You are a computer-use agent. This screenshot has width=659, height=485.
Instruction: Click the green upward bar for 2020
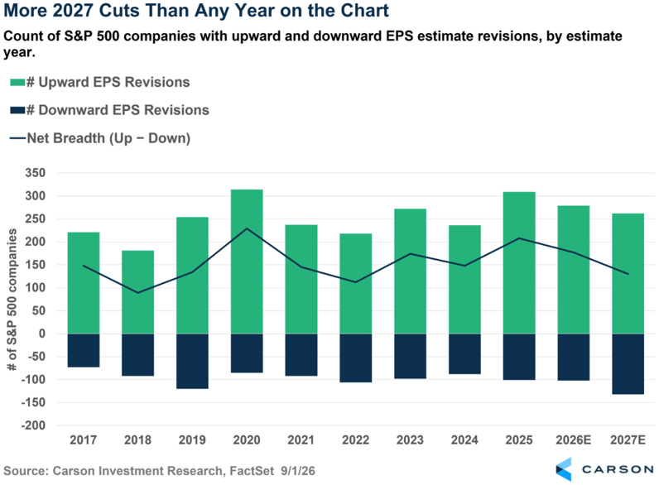coord(247,262)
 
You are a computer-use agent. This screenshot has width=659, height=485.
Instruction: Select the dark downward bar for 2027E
coord(628,364)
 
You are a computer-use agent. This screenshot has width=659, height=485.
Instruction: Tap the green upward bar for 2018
coord(138,292)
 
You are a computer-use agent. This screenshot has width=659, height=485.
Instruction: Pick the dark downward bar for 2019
coord(192,361)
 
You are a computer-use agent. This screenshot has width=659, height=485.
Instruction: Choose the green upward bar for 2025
coord(519,262)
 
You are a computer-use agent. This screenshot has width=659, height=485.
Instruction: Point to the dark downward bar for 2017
coord(84,351)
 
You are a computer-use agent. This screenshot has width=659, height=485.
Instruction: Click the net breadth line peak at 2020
coord(247,228)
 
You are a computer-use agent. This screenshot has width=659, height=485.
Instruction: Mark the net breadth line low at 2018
coord(138,292)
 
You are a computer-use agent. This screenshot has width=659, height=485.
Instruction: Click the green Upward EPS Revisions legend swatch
coord(17,83)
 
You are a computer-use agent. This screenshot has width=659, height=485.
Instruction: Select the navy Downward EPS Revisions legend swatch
coord(17,111)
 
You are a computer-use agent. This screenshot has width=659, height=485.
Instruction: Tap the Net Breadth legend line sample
coord(17,138)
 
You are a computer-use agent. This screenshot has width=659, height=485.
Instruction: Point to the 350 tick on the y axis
coord(36,173)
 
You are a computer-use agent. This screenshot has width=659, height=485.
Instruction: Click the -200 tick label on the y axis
coord(33,425)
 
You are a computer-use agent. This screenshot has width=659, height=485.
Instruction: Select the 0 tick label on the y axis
coord(42,334)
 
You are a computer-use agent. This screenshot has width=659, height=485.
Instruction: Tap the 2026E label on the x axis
coord(573,440)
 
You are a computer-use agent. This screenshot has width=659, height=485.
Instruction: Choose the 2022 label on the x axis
coord(355,440)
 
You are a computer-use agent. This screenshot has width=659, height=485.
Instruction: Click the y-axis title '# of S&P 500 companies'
coord(12,300)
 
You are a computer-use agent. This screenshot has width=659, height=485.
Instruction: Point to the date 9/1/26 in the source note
coord(297,471)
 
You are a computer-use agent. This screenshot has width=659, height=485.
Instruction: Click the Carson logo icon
coord(564,469)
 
